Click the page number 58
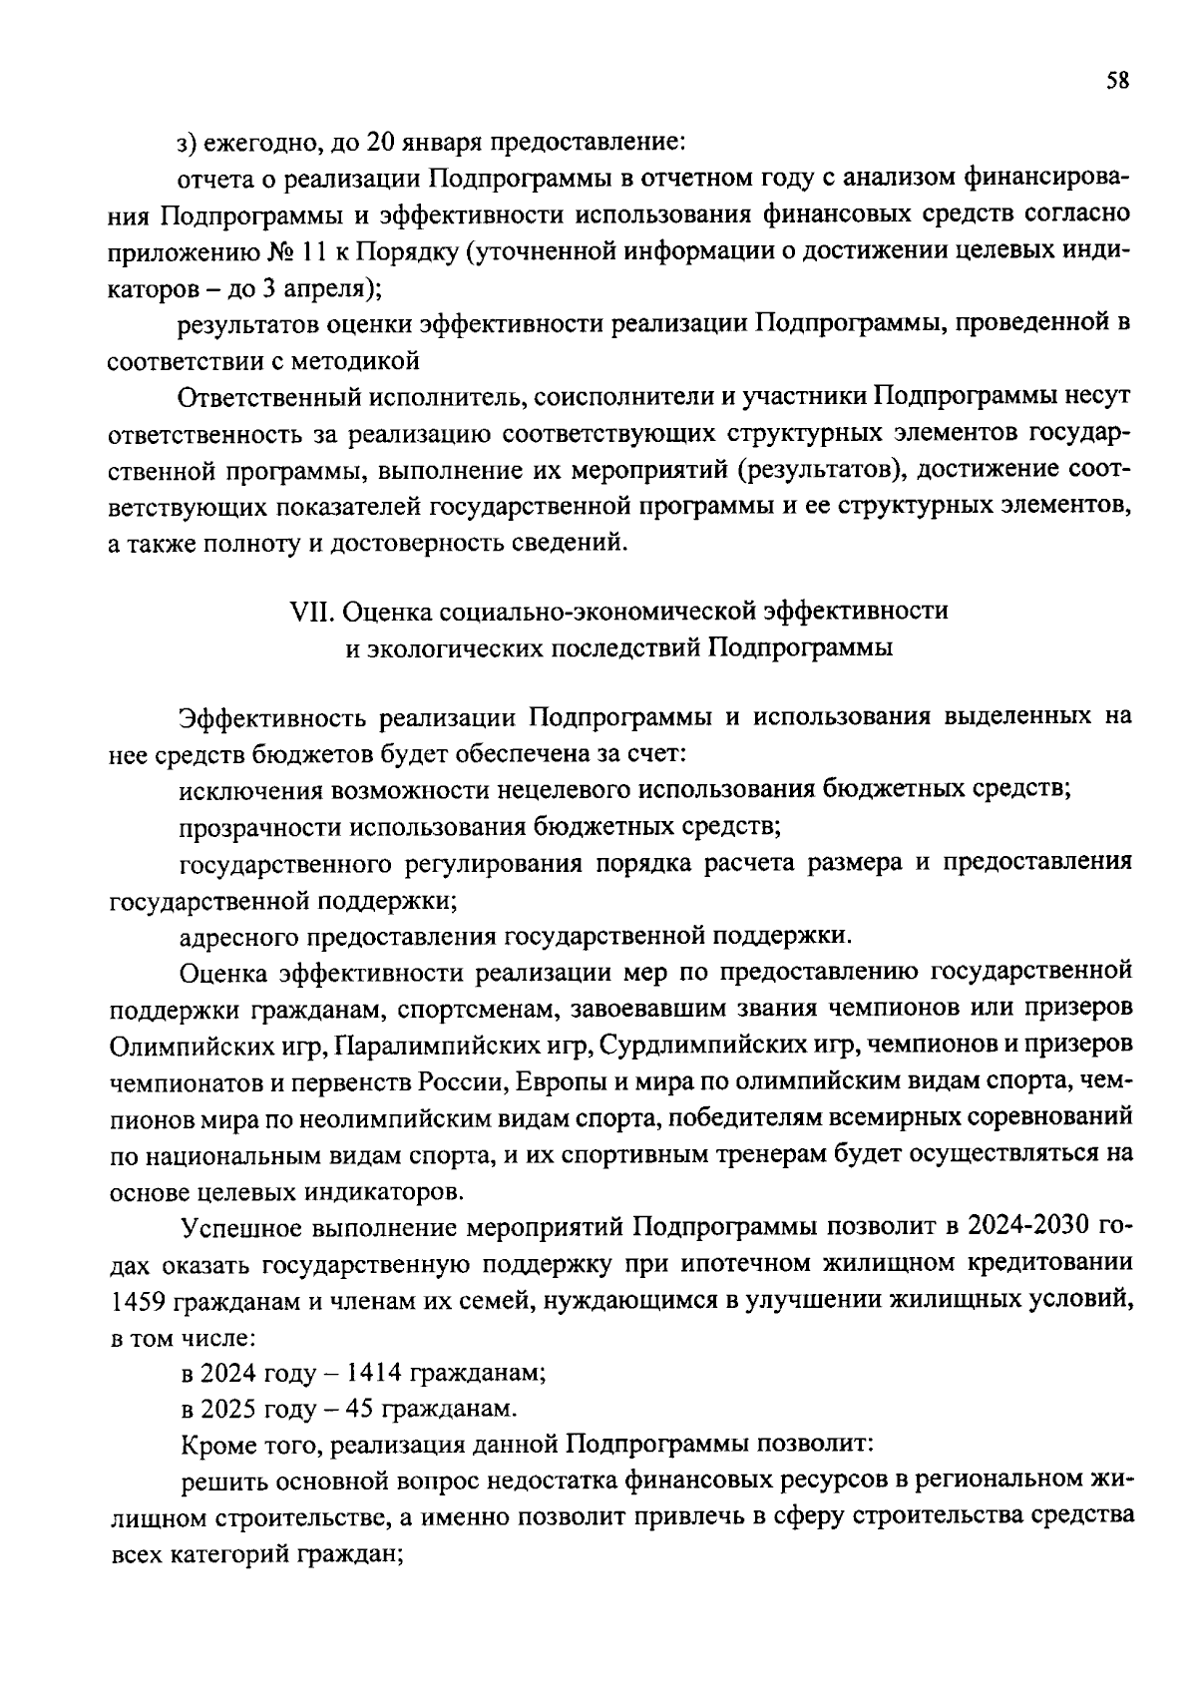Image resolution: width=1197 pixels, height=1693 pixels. tap(1117, 82)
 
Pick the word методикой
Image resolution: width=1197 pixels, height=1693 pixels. tap(360, 360)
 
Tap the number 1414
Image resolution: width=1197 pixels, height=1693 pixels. tap(374, 1373)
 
